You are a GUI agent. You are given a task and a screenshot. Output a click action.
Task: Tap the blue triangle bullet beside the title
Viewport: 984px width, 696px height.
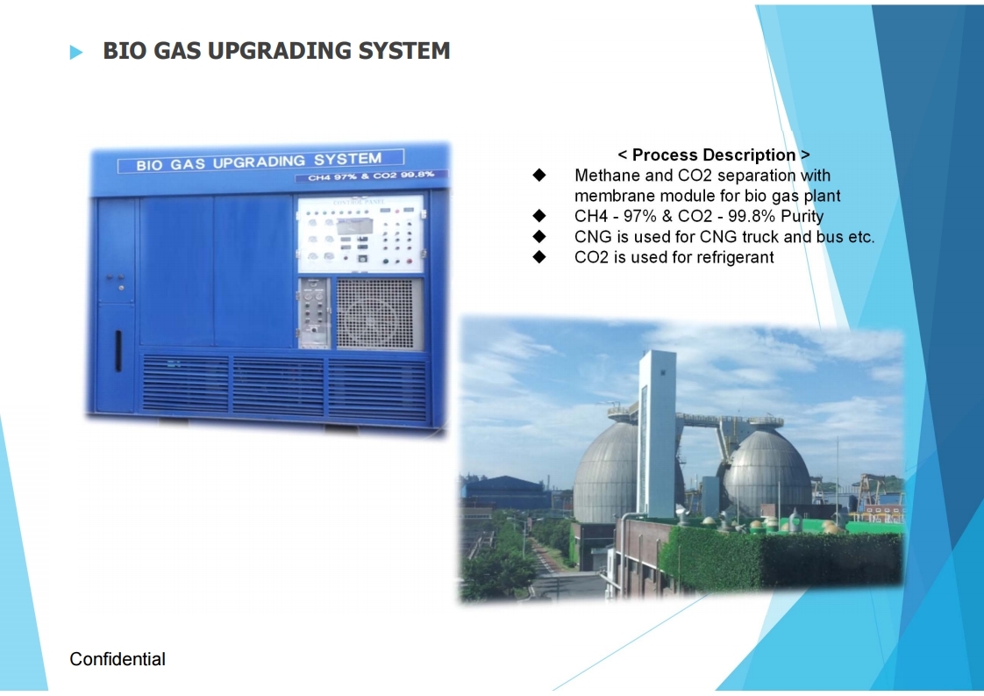[x=76, y=52]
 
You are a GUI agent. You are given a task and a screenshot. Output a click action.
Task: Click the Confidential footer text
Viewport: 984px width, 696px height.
[x=118, y=659]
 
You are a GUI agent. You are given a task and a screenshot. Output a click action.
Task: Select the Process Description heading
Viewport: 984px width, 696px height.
[x=714, y=154]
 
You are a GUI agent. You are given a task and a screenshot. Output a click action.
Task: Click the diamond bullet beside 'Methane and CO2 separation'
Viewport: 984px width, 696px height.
[x=539, y=175]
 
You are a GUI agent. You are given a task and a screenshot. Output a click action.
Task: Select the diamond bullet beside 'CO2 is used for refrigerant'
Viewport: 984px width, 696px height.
[x=539, y=256]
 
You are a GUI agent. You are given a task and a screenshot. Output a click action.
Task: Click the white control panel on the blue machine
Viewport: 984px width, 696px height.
[x=360, y=234]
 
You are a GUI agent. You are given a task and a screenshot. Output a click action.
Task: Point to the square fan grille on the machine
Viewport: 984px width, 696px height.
[x=375, y=313]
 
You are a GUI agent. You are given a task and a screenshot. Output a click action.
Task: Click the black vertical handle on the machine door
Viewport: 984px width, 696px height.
[x=118, y=350]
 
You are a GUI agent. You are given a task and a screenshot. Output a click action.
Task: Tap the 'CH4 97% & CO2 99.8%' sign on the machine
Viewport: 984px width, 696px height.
[x=371, y=176]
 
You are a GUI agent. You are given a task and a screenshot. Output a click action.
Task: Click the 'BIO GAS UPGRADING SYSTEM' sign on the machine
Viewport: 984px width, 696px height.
[x=260, y=161]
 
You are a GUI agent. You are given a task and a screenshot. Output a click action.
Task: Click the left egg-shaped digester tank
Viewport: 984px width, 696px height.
[x=608, y=471]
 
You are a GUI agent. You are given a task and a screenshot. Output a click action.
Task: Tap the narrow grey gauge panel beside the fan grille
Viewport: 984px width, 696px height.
[x=314, y=312]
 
